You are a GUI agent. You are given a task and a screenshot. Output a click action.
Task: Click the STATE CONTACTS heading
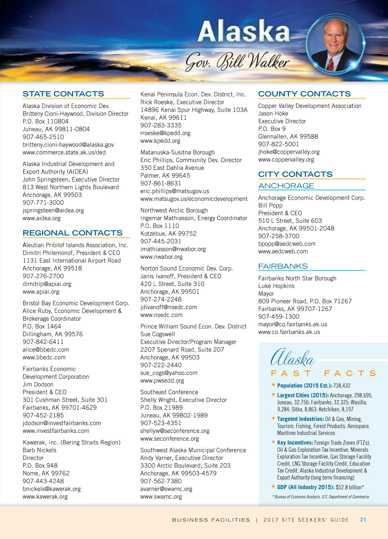63,94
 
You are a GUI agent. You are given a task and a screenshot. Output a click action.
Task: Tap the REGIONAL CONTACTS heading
72,233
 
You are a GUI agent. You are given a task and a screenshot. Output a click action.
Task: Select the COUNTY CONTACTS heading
304,94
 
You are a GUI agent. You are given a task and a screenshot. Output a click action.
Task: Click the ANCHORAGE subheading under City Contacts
286,186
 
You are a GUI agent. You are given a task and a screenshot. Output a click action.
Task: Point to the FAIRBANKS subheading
283,266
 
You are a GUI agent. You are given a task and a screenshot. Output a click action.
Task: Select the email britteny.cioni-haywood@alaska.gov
68,145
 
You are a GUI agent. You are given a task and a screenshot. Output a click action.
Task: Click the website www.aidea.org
42,218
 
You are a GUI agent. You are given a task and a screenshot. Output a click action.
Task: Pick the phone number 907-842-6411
43,342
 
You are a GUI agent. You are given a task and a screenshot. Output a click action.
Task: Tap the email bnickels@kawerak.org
52,489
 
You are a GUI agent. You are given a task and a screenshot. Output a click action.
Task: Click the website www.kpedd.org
160,141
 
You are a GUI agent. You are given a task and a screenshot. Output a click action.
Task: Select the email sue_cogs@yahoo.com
169,373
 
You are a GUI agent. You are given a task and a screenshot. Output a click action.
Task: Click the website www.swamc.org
161,496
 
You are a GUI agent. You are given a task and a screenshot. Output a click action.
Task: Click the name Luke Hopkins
276,286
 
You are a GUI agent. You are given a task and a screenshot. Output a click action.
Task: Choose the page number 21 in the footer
363,520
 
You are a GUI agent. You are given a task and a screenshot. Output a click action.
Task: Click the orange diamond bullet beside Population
273,385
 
